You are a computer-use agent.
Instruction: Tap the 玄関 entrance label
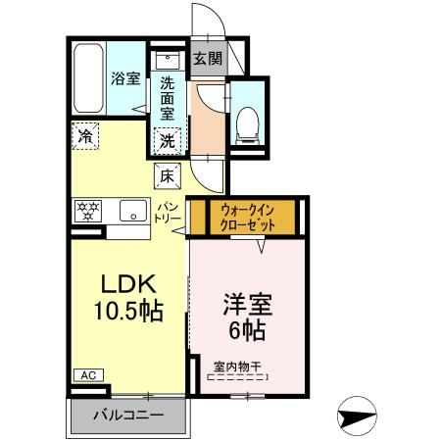[x=207, y=58]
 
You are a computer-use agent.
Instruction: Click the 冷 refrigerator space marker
[x=84, y=137]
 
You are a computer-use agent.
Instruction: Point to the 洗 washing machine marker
[x=169, y=139]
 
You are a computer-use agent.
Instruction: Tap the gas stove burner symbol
[x=88, y=210]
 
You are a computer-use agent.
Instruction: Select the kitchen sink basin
[x=127, y=210]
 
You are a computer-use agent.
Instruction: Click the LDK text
[x=127, y=285]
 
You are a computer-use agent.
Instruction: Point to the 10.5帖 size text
[x=127, y=313]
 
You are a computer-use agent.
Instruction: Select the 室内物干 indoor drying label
[x=240, y=367]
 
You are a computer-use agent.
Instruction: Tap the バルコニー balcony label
[x=127, y=415]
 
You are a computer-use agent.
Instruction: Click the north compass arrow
[x=357, y=416]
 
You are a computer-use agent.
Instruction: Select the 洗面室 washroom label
[x=168, y=98]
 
